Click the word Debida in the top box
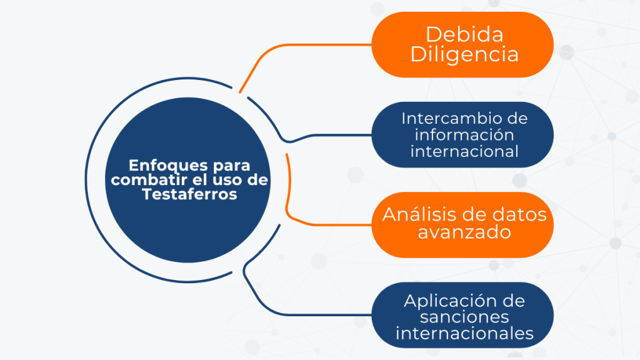pyautogui.click(x=464, y=34)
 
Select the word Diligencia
pyautogui.click(x=464, y=55)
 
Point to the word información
pyautogui.click(x=464, y=135)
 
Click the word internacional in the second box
pyautogui.click(x=464, y=151)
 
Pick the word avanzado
pyautogui.click(x=464, y=232)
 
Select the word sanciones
pyautogui.click(x=464, y=317)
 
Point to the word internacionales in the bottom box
pyautogui.click(x=464, y=334)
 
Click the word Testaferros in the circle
pyautogui.click(x=190, y=194)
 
